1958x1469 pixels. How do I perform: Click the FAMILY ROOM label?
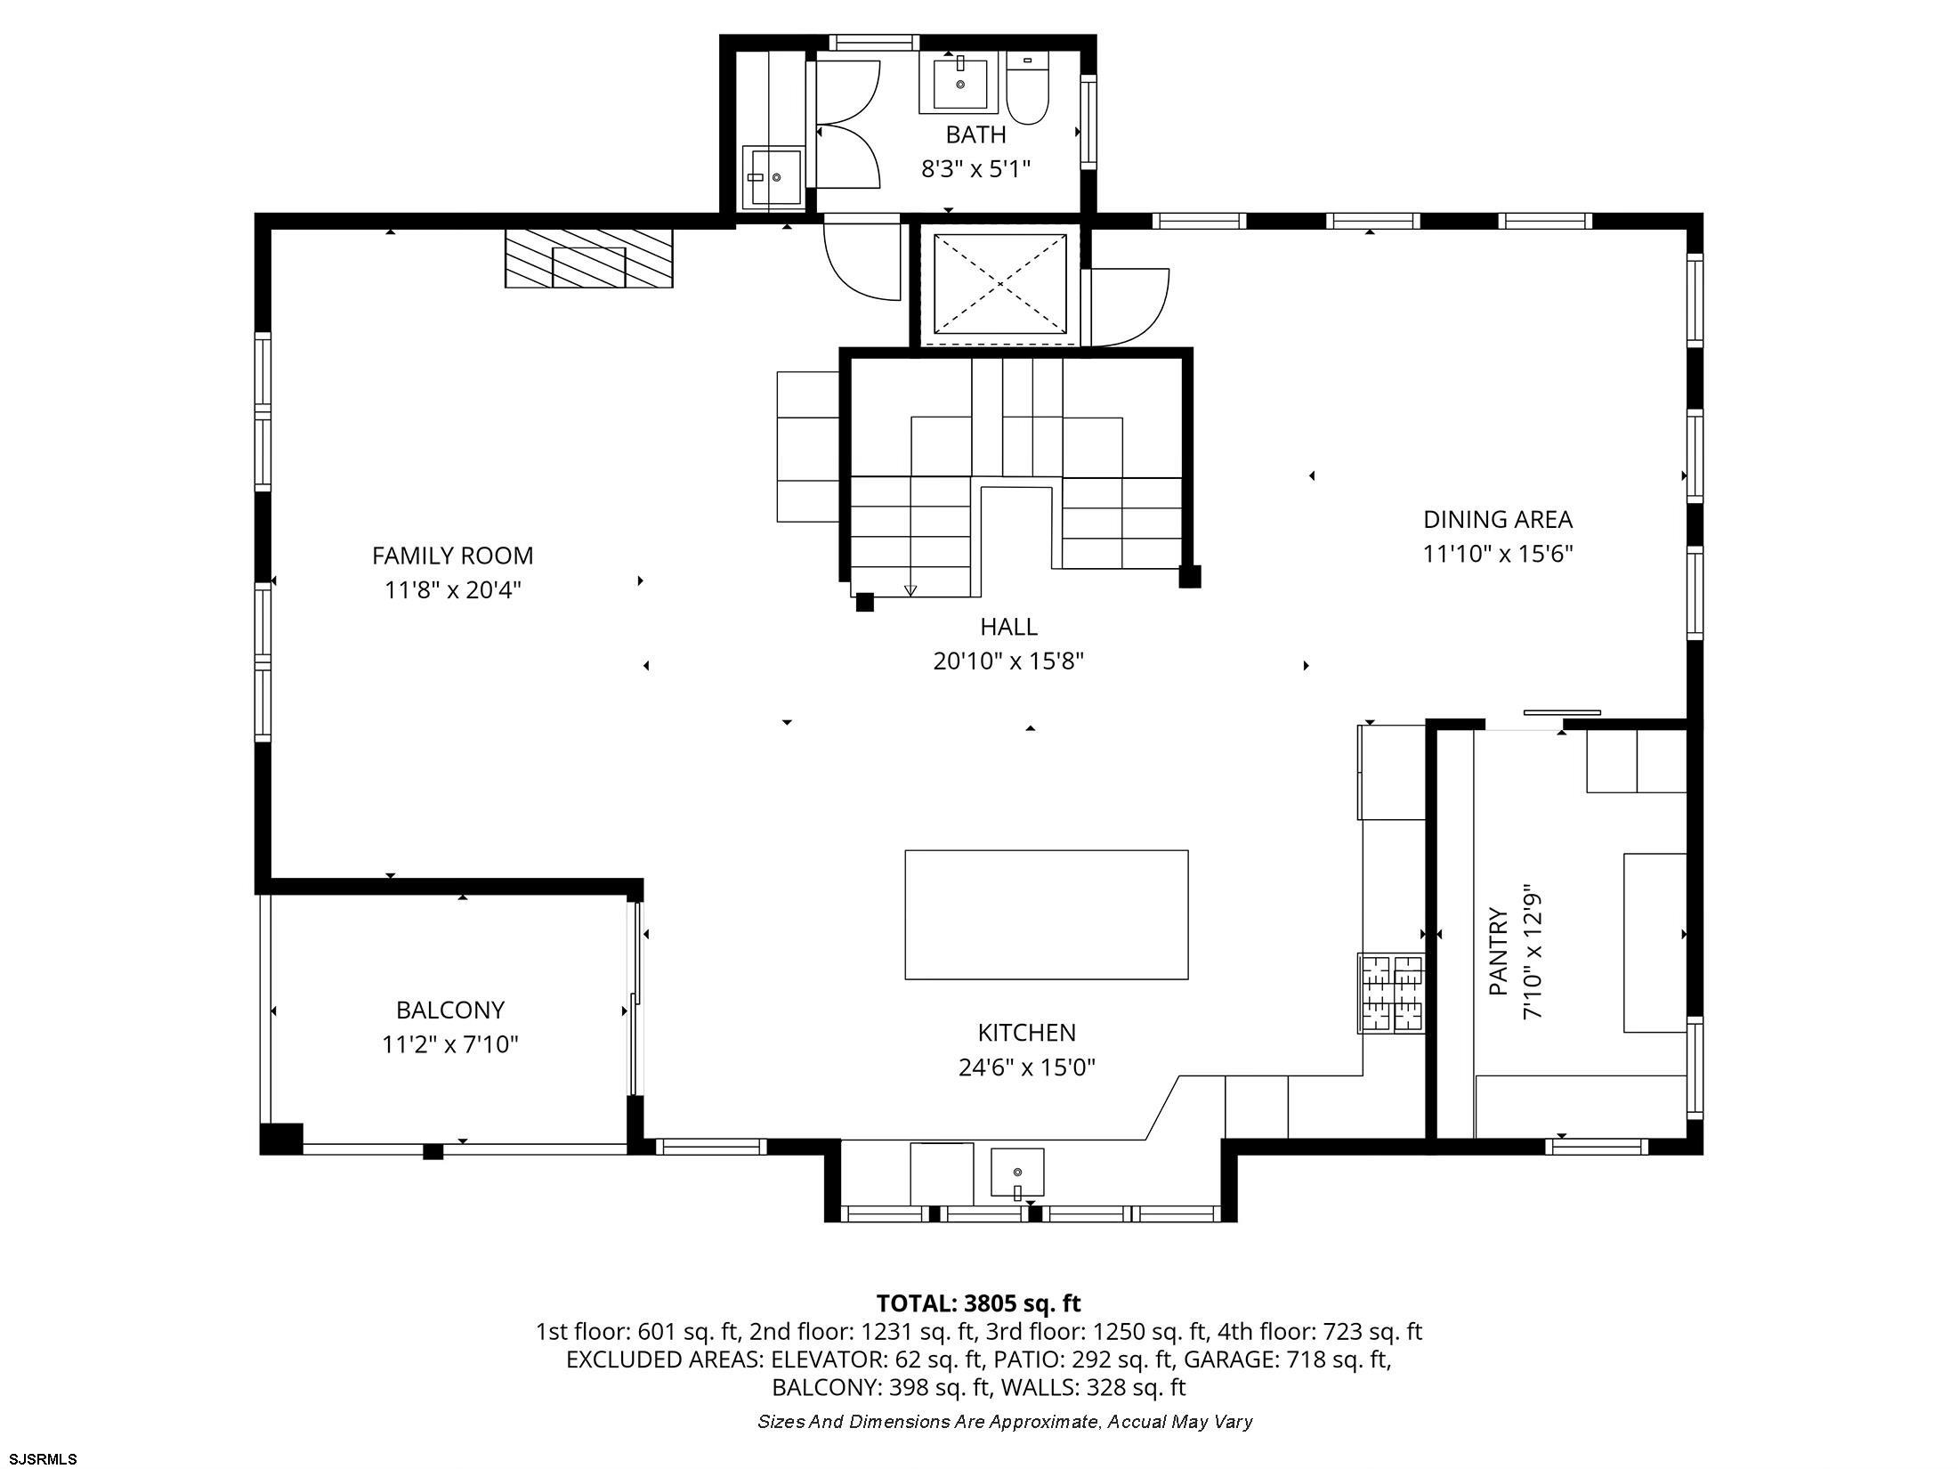[452, 556]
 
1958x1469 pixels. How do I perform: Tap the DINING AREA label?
[1498, 519]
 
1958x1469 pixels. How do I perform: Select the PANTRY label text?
[1499, 951]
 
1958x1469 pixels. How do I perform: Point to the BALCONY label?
[450, 1010]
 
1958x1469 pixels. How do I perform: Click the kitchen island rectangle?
[1046, 914]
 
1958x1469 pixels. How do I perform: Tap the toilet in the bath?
[1028, 88]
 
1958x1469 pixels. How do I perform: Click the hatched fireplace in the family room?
[588, 258]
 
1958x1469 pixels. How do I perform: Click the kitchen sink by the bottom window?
[1017, 1174]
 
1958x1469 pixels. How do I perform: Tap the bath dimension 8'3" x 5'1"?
[975, 169]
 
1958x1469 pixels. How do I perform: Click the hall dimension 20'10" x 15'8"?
[1008, 661]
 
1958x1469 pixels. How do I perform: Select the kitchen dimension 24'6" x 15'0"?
[1026, 1067]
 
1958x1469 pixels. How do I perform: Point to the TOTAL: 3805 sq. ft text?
[978, 1303]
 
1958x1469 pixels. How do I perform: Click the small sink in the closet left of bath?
[772, 178]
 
